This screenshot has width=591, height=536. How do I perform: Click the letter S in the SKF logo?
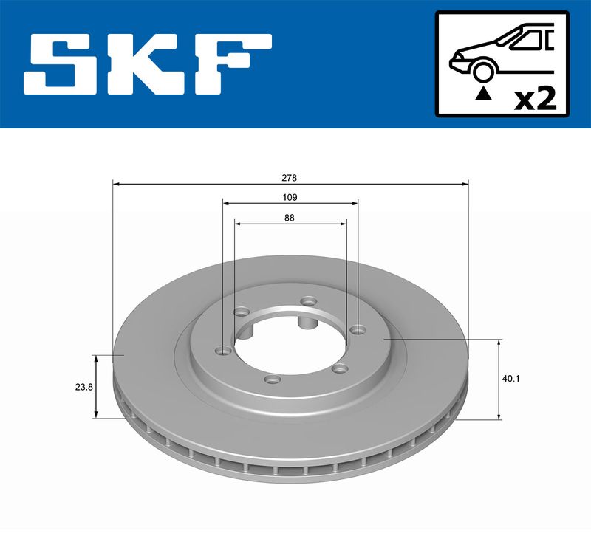pyautogui.click(x=61, y=64)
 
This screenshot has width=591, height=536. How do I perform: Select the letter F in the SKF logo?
pyautogui.click(x=232, y=64)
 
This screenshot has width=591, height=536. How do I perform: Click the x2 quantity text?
pyautogui.click(x=535, y=99)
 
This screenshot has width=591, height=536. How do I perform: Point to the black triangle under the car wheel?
pyautogui.click(x=484, y=95)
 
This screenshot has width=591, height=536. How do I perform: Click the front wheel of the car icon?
pyautogui.click(x=484, y=72)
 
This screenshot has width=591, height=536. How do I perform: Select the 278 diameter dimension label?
pyautogui.click(x=290, y=177)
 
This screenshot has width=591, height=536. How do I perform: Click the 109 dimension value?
pyautogui.click(x=290, y=197)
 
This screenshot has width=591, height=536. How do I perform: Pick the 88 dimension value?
pyautogui.click(x=290, y=218)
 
